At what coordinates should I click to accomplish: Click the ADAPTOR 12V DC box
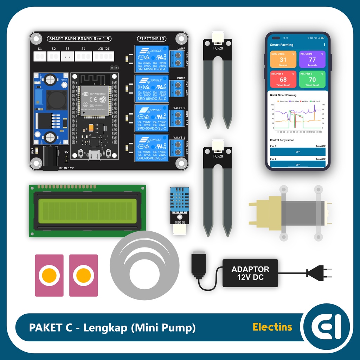pos(250,273)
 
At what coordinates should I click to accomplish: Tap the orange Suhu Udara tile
pos(283,60)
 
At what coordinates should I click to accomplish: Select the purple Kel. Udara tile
pos(312,60)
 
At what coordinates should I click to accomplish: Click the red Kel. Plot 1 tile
pos(283,79)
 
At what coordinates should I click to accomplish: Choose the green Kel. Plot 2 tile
pos(312,79)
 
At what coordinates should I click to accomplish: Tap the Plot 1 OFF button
pos(297,152)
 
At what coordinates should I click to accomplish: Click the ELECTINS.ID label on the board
pos(152,39)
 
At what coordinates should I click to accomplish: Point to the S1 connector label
pos(40,49)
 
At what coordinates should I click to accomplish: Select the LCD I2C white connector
pos(103,56)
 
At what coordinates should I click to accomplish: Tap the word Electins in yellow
pos(272,327)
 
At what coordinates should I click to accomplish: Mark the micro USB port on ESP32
pos(95,155)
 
